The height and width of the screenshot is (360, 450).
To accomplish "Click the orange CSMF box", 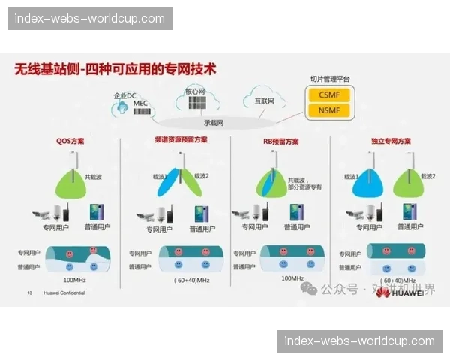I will point(328,95).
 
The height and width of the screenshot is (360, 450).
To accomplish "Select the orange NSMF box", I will point(328,111).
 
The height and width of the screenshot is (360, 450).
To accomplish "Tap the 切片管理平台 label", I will point(330,79).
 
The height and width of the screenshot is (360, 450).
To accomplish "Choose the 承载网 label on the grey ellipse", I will point(214,122).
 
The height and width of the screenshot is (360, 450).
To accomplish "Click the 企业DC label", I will point(124,96).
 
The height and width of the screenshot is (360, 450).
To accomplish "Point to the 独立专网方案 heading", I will point(391,140).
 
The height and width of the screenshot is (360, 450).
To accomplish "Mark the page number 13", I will point(29,292).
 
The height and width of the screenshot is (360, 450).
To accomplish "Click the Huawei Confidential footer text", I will point(60,292).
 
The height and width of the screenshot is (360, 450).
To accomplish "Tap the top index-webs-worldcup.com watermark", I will point(90,19).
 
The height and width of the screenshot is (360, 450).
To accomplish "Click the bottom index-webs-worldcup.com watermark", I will point(360,341).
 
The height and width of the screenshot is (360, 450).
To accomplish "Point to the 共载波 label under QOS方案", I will point(93,177).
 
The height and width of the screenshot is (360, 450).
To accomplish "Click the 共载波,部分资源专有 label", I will point(304,184).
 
